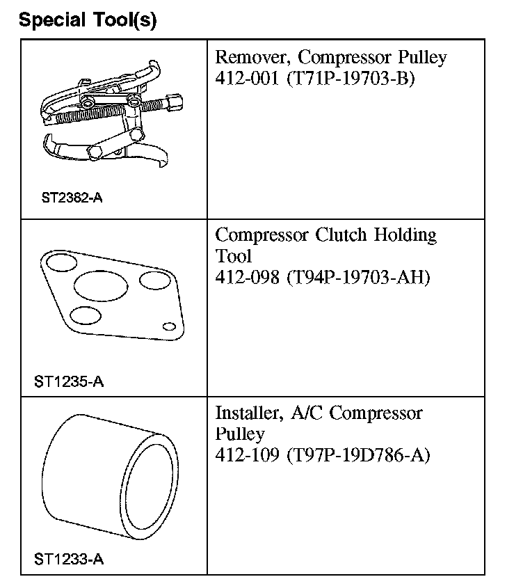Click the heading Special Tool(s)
88,19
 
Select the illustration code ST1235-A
69,381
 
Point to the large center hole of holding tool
101,286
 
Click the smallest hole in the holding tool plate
168,326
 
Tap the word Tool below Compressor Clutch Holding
233,256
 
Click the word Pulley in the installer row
240,434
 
